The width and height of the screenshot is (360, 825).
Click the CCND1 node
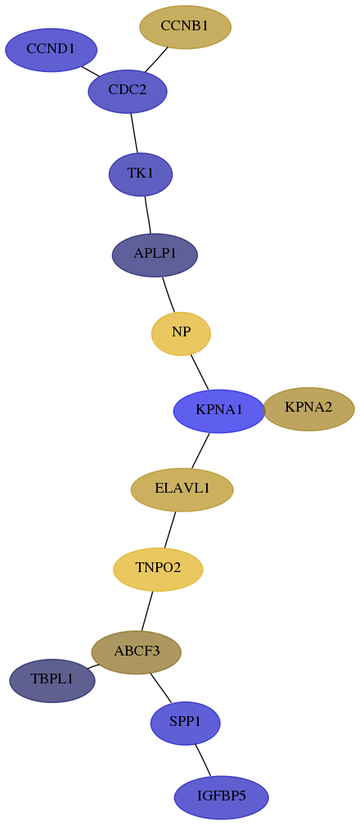pos(51,50)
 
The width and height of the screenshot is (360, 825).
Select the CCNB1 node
pos(185,27)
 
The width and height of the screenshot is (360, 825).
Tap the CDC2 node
pos(128,91)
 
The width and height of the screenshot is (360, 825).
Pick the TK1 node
pos(141,174)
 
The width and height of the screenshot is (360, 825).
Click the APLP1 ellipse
pos(155,255)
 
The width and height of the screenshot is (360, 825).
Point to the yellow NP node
pos(181,334)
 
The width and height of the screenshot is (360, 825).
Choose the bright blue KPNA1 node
pos(219,411)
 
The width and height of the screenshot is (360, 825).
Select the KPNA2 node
pos(308,409)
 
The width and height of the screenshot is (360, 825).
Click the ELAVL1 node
pos(182,489)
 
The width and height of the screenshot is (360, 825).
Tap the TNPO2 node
pos(158,570)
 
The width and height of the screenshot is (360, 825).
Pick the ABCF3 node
pos(137,652)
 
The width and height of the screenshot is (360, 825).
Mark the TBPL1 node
pos(52,680)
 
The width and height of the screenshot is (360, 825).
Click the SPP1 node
pos(185,724)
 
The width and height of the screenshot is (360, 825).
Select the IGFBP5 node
pos(222,797)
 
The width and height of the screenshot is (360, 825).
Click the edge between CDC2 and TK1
pos(134,133)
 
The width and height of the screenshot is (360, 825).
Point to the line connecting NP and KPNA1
pos(200,372)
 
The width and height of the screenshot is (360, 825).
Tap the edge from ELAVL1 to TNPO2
pos(170,530)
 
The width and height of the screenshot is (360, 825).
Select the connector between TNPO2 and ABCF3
pos(146,611)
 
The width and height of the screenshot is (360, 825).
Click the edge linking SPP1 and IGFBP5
pos(203,760)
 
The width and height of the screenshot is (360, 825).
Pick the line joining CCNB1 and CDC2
pos(156,60)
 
